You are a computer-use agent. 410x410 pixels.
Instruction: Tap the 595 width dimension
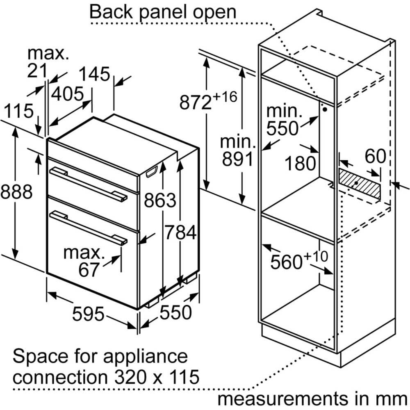point(88,314)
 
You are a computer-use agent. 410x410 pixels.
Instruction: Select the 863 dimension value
point(160,200)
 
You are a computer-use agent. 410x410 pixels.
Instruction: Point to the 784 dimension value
point(180,232)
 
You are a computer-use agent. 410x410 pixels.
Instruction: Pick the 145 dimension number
point(94,74)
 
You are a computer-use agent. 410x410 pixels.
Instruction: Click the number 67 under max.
point(89,270)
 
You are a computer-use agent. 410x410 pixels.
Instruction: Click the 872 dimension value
point(195,102)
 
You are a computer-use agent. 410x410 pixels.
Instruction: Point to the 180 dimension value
point(300,164)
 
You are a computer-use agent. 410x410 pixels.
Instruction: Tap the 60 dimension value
point(375,156)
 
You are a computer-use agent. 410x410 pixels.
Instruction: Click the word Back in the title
point(111,12)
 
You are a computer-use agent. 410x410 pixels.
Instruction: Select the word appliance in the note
point(146,356)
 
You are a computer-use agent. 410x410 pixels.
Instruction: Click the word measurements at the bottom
point(282,399)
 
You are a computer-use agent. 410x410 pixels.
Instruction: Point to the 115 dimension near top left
point(18,111)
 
